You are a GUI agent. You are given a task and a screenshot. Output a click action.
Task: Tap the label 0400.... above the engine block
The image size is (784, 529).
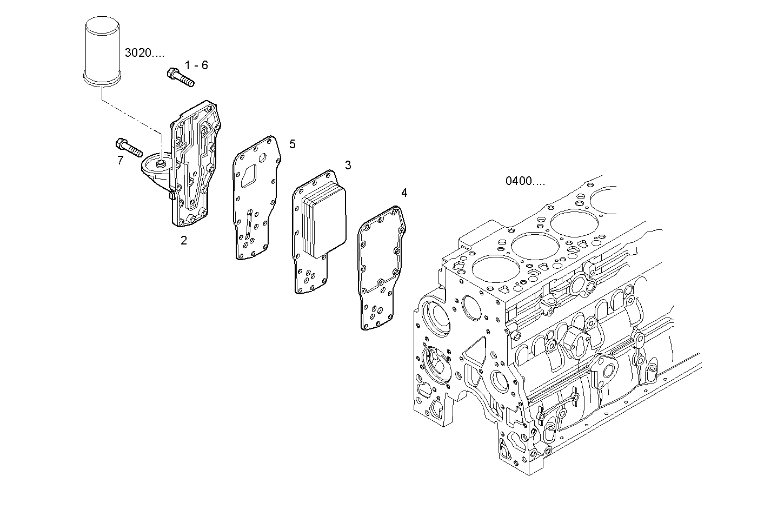tap(525, 181)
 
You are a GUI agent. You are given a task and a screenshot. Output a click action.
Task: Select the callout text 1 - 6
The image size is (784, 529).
tap(196, 65)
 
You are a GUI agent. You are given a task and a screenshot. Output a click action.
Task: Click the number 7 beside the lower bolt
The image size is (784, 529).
tap(120, 160)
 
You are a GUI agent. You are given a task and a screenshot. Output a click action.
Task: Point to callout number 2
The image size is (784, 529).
tap(184, 241)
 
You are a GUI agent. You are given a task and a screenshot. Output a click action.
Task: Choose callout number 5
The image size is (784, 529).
tap(292, 144)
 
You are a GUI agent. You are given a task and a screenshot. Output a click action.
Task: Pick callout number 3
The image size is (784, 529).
tap(348, 165)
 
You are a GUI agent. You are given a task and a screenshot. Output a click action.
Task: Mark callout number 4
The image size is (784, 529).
tap(404, 193)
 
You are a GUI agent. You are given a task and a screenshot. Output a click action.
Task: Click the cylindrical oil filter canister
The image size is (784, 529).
tap(103, 51)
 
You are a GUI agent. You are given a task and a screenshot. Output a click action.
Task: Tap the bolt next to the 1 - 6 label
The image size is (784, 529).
tap(181, 77)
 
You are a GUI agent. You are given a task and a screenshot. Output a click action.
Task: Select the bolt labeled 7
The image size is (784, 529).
tap(128, 147)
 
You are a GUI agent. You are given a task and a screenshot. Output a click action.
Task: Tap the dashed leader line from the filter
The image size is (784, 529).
tap(132, 117)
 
